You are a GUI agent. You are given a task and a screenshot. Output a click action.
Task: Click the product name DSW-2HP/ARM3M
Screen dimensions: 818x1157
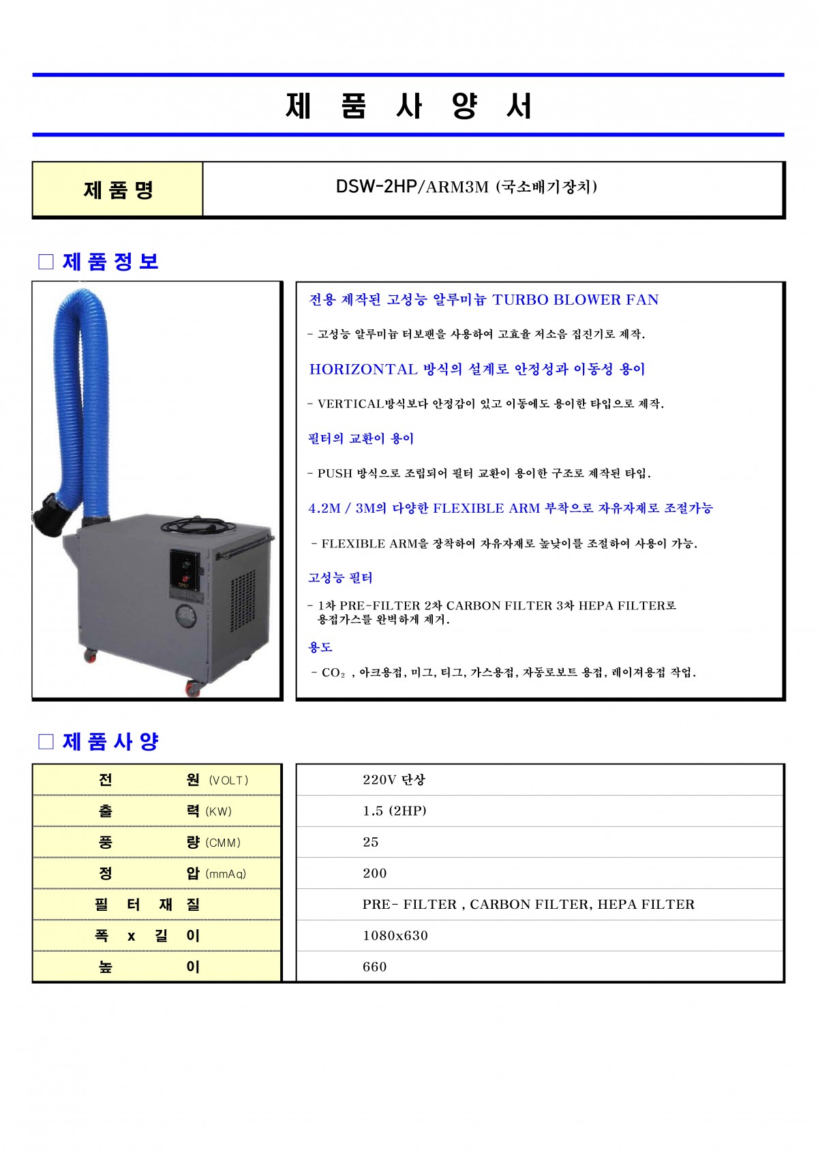(412, 186)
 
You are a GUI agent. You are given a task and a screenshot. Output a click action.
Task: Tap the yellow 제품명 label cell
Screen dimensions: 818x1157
(118, 189)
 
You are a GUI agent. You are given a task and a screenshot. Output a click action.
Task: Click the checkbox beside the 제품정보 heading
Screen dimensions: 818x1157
(46, 262)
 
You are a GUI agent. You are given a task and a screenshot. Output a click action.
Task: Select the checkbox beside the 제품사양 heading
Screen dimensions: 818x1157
(46, 742)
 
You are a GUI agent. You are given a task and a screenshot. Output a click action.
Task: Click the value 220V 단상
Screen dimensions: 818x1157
(393, 780)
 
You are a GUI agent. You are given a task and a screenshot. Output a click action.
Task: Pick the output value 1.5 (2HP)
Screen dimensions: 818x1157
(395, 811)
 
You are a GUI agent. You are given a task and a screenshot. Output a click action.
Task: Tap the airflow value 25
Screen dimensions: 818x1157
(370, 843)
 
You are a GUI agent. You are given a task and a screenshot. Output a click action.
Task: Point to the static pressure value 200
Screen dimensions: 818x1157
(374, 873)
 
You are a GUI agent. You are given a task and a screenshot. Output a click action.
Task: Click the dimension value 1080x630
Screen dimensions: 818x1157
(395, 935)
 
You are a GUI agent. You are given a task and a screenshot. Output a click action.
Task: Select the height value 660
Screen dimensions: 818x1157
(374, 967)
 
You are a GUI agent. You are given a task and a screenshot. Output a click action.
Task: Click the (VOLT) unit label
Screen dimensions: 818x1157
(229, 781)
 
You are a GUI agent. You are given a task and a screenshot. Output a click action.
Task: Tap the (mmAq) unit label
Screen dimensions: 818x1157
(226, 874)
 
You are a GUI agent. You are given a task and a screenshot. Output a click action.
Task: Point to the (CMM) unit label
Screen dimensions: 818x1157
(223, 843)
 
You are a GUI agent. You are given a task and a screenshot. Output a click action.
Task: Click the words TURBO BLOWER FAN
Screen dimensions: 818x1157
(575, 299)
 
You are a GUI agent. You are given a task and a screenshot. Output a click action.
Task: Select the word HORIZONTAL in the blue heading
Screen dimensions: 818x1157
(363, 370)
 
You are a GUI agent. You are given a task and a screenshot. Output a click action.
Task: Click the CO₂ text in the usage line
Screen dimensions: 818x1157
(333, 672)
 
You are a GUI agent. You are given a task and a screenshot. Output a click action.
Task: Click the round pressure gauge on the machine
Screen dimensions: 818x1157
(186, 617)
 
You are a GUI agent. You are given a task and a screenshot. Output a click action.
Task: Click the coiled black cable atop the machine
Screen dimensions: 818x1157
(198, 525)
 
